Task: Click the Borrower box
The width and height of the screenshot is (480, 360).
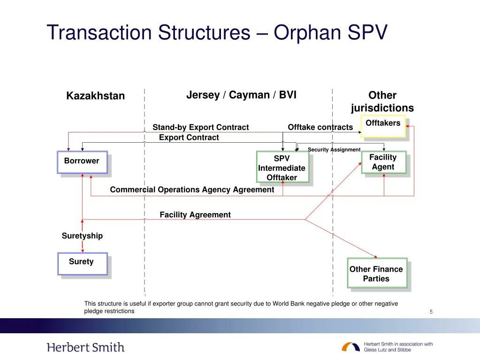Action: tap(82, 162)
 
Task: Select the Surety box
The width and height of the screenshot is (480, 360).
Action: tap(82, 263)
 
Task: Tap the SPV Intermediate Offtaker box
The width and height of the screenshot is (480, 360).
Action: tap(282, 167)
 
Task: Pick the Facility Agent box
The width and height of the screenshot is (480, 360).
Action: tap(383, 162)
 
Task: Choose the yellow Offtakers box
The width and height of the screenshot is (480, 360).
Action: tap(383, 126)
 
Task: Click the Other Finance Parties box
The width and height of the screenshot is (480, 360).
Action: tap(376, 273)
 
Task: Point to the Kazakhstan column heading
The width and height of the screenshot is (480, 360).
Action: tap(95, 96)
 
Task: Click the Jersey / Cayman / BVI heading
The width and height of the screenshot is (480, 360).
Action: tap(241, 95)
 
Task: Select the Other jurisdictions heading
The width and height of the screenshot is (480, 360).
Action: tap(382, 102)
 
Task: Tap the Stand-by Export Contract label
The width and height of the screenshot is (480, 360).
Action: tap(200, 127)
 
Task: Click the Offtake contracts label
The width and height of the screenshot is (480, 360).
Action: tap(320, 127)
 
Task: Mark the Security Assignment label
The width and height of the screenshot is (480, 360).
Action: tap(334, 150)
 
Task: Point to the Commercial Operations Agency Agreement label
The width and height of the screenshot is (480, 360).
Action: tap(192, 190)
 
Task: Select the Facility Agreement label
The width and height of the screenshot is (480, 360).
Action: tap(195, 215)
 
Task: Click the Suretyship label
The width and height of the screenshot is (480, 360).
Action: tap(82, 236)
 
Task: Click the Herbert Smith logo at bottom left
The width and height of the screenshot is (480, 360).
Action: tap(86, 348)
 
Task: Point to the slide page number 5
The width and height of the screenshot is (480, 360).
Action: tap(431, 312)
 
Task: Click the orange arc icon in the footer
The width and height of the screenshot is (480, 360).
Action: tap(350, 347)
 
